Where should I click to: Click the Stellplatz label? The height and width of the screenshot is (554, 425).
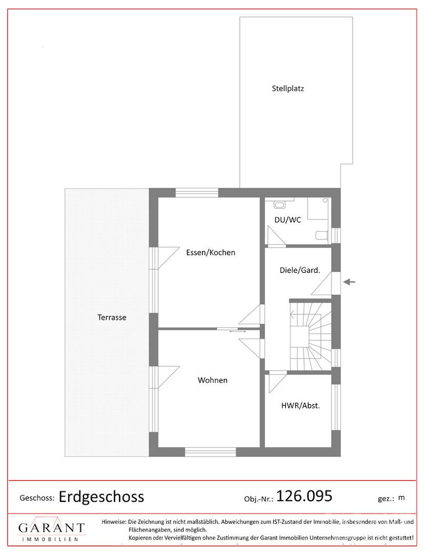(x=288, y=88)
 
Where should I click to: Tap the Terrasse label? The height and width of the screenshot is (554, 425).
(x=112, y=318)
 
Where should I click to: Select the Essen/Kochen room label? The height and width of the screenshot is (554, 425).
(x=211, y=252)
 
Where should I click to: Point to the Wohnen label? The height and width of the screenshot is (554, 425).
(x=212, y=380)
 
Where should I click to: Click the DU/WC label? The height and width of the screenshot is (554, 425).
(x=288, y=220)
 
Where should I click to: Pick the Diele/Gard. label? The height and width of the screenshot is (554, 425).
(x=300, y=270)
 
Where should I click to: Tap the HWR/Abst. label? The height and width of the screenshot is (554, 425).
(x=300, y=406)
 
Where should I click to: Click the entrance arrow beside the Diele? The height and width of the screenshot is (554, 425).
(x=350, y=282)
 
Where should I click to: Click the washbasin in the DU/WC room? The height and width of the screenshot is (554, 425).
(x=279, y=205)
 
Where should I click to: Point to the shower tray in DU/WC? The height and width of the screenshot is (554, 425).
(x=318, y=208)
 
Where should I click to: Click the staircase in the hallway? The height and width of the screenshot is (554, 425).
(x=310, y=335)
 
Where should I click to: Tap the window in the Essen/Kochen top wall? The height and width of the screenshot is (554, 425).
(x=197, y=192)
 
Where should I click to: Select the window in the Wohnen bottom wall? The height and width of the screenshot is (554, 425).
(x=210, y=452)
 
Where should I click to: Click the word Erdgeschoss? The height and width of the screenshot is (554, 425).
(x=102, y=497)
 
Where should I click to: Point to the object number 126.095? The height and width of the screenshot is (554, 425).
(x=305, y=496)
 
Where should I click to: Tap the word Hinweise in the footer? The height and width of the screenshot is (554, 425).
(x=114, y=522)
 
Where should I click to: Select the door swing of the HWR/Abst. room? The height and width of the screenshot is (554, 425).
(x=277, y=382)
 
